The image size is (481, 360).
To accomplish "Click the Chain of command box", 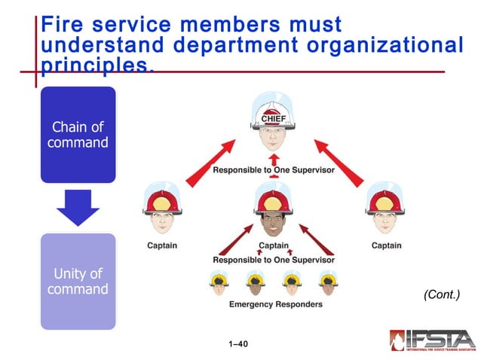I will coord(78,134).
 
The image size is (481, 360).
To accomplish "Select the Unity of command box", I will coord(78,281).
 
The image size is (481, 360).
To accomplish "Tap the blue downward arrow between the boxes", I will coord(78,207).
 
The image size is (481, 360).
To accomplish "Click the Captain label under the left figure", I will coord(162,246).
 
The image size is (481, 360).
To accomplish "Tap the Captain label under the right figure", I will coord(386,246).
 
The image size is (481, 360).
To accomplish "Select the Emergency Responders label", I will coord(275,304).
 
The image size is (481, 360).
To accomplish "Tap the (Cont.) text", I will coord(442,294).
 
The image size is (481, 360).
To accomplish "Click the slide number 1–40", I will coord(237,344).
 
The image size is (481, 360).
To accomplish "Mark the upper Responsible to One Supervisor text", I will coord(273,170).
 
